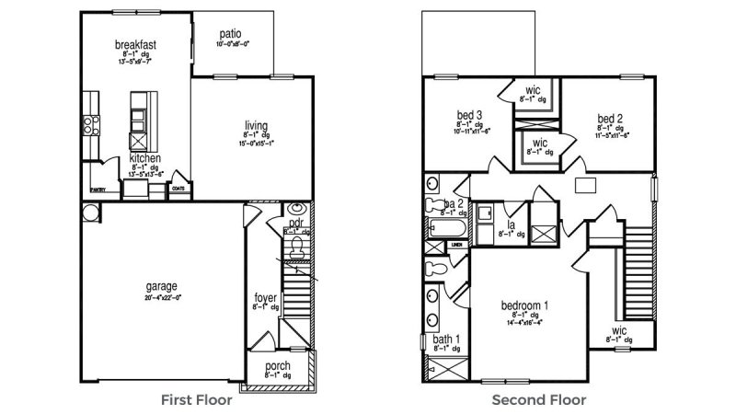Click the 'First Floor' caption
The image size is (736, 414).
tap(196, 400)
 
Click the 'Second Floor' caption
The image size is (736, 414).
tap(539, 400)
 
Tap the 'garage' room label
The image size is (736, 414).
tap(160, 286)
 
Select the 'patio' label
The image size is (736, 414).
tap(228, 34)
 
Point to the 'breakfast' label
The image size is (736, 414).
tap(134, 44)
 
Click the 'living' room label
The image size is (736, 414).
tap(256, 125)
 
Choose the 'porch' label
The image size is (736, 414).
tap(277, 365)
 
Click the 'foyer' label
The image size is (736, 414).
tap(265, 298)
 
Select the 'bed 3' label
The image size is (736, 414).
tap(470, 116)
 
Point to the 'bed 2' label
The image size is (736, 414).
tap(611, 118)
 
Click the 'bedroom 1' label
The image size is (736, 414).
tap(525, 305)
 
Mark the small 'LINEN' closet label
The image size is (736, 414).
tap(456, 247)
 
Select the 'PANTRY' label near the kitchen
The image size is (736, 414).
tap(98, 190)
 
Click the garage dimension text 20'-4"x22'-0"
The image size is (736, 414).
tap(160, 296)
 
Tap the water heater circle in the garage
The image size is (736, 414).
tap(89, 213)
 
